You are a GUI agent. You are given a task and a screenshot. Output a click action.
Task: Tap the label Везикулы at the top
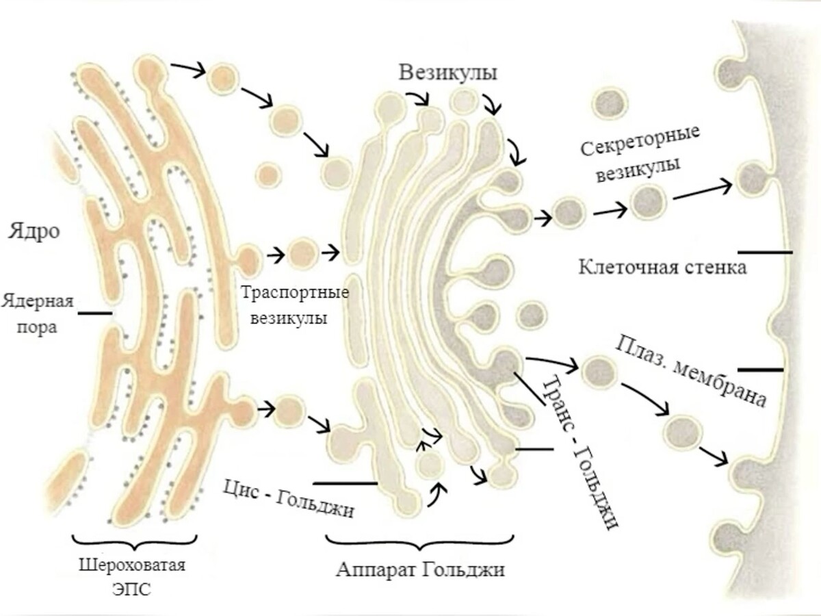coord(448,73)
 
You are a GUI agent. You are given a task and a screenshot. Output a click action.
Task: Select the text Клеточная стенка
coord(662,266)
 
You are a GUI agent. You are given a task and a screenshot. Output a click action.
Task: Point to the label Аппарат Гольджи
coord(420,569)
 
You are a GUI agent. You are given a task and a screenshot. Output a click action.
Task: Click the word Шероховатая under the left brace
coord(131,566)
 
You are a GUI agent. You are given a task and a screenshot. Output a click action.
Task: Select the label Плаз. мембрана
coord(691,370)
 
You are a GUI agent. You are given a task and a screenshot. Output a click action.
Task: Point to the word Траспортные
coord(295,294)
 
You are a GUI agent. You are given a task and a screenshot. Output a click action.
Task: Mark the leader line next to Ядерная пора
coord(95,314)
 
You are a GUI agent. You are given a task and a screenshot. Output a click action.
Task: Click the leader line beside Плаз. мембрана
coord(760,370)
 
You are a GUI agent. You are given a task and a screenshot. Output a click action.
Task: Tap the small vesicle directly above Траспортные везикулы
coord(299,253)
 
